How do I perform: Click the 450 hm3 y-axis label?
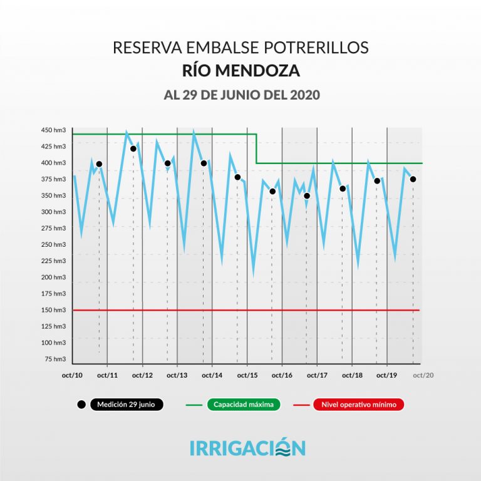pos(54,130)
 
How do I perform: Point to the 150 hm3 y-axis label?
pos(54,310)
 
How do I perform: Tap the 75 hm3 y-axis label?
pos(56,359)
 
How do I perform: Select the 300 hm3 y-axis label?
pos(54,212)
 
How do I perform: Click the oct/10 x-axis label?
pos(73,375)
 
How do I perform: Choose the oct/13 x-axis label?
pos(177,375)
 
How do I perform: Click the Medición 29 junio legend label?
pos(126,405)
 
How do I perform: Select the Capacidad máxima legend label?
pos(244,405)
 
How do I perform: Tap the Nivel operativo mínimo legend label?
pos(359,405)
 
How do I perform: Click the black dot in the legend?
pos(81,405)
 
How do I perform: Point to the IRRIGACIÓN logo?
pos(247,448)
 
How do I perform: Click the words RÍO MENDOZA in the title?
pos(240,71)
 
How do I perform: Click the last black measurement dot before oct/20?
pos(413,179)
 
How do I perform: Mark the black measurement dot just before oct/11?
pos(99,164)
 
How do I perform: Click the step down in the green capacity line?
pos(257,148)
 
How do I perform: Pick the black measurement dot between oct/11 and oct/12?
pos(133,148)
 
